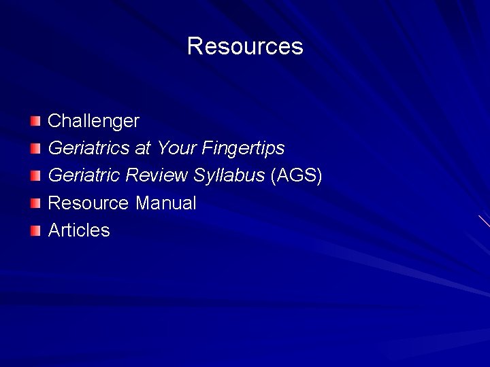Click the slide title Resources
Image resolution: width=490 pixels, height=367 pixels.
point(245,46)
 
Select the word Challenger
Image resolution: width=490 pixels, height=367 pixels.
point(93,121)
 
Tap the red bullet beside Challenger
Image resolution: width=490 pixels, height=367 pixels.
point(35,121)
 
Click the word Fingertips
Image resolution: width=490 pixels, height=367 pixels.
point(243,148)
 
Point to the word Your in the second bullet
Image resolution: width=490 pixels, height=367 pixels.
point(177,148)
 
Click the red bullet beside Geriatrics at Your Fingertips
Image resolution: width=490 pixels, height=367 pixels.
point(35,148)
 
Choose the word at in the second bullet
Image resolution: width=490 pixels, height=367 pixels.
point(143,148)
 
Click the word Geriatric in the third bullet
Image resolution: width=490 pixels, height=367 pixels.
point(84,175)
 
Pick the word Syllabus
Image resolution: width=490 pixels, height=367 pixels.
point(229,175)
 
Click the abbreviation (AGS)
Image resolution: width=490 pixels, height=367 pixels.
point(296,175)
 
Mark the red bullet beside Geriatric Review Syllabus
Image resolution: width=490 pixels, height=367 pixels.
point(35,176)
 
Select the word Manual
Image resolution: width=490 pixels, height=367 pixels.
point(166,203)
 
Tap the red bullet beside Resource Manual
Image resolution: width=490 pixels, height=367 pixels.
point(35,203)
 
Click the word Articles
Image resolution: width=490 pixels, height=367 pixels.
point(79,230)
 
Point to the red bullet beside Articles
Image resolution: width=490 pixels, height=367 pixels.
point(35,230)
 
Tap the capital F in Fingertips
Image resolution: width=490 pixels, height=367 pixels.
point(207,148)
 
